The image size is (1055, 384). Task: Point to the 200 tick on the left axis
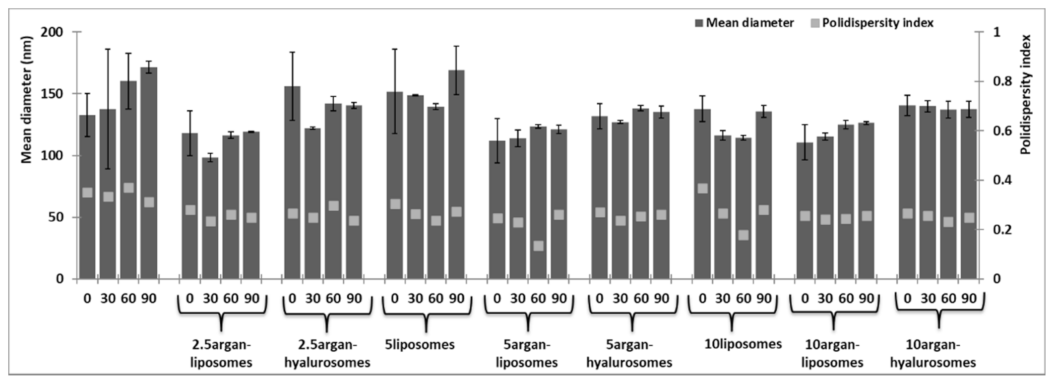tap(55, 32)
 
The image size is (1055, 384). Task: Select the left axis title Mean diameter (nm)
tap(27, 99)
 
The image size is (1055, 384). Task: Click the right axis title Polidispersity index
tap(1026, 94)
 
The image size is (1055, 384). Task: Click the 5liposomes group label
tap(420, 344)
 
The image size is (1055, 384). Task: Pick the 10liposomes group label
tap(743, 344)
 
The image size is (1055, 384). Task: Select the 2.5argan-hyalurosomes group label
tap(327, 353)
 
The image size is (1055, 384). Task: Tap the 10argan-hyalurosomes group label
tap(933, 353)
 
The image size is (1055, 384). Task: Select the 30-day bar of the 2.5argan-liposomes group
tap(210, 218)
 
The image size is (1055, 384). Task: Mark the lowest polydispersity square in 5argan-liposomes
tap(538, 246)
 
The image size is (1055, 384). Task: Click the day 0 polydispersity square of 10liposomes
tap(702, 189)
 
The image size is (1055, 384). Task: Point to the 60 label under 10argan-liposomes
tap(846, 299)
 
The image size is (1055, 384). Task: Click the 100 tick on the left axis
tap(55, 156)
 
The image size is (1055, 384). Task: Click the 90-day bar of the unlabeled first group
tap(149, 174)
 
